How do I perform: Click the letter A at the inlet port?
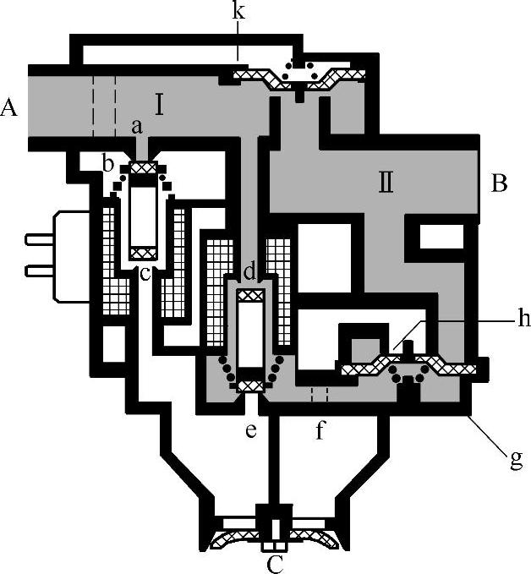pos(10,107)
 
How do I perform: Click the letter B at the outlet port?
pos(499,183)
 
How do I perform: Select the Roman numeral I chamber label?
pos(159,105)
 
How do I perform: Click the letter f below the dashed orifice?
pos(320,431)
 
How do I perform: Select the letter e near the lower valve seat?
pos(250,431)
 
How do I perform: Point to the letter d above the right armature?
pos(249,272)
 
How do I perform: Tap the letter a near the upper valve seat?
pos(136,127)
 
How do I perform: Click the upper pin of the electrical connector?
pos(39,239)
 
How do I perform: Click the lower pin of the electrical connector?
pos(39,271)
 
